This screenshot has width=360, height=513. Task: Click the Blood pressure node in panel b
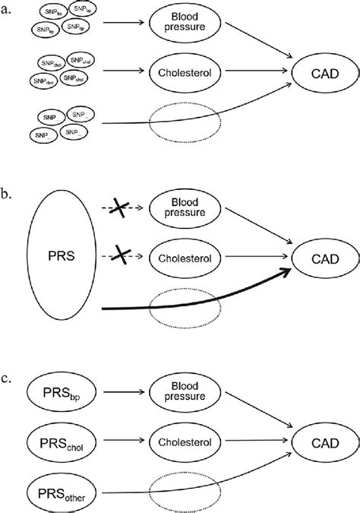coord(185,207)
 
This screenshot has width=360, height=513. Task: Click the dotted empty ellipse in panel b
coord(185,309)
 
